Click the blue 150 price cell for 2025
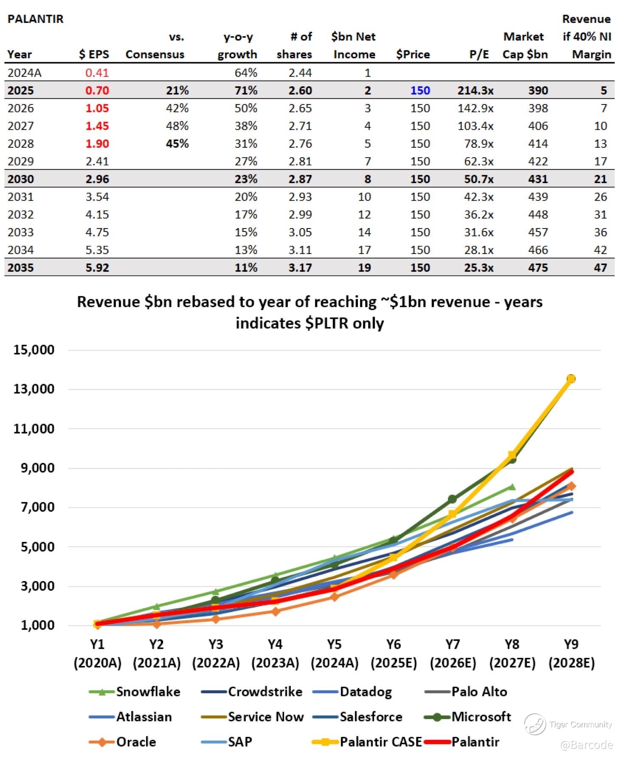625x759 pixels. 419,90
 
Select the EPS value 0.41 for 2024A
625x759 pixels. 97,73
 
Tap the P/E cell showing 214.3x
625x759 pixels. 475,90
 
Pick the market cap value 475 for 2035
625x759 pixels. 538,268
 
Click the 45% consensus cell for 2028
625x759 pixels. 177,144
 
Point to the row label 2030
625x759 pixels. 20,179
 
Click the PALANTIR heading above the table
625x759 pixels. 36,19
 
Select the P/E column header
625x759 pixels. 479,54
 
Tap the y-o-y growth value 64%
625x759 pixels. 246,73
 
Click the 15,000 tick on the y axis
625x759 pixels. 34,350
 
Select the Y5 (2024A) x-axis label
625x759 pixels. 334,654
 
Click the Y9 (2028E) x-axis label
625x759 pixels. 571,654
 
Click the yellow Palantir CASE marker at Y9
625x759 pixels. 571,378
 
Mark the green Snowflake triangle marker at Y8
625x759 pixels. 512,487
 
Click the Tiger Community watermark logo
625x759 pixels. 535,724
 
